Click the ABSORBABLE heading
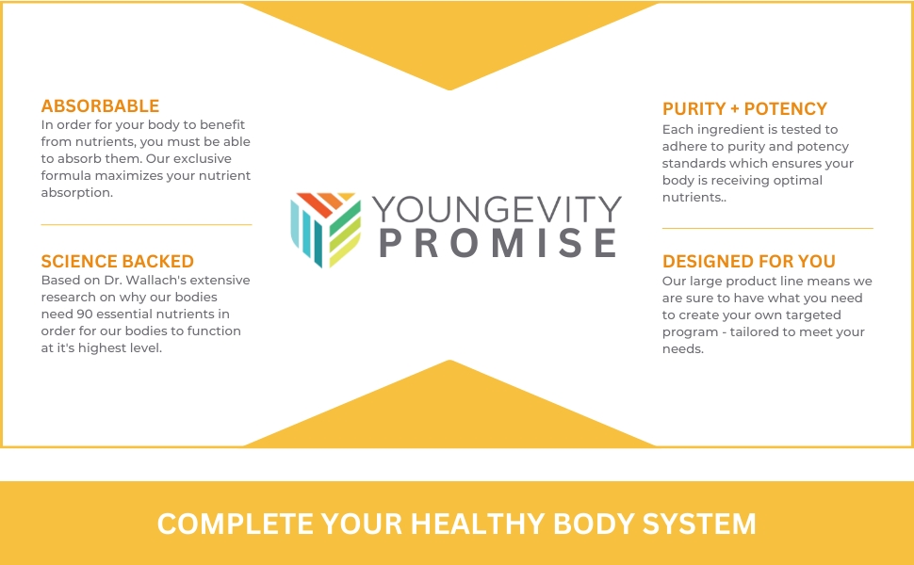(100, 106)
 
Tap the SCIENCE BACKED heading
(117, 261)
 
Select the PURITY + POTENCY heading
(744, 109)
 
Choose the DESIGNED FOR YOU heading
(749, 261)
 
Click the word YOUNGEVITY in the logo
(497, 208)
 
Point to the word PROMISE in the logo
(498, 243)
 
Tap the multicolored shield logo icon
(325, 230)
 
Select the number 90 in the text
(84, 314)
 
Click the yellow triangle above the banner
(449, 416)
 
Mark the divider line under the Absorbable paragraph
(146, 224)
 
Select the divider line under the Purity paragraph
(768, 228)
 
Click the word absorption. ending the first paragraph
(77, 193)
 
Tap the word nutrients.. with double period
(694, 198)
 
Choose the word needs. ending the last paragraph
(683, 349)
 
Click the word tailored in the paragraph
(753, 332)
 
